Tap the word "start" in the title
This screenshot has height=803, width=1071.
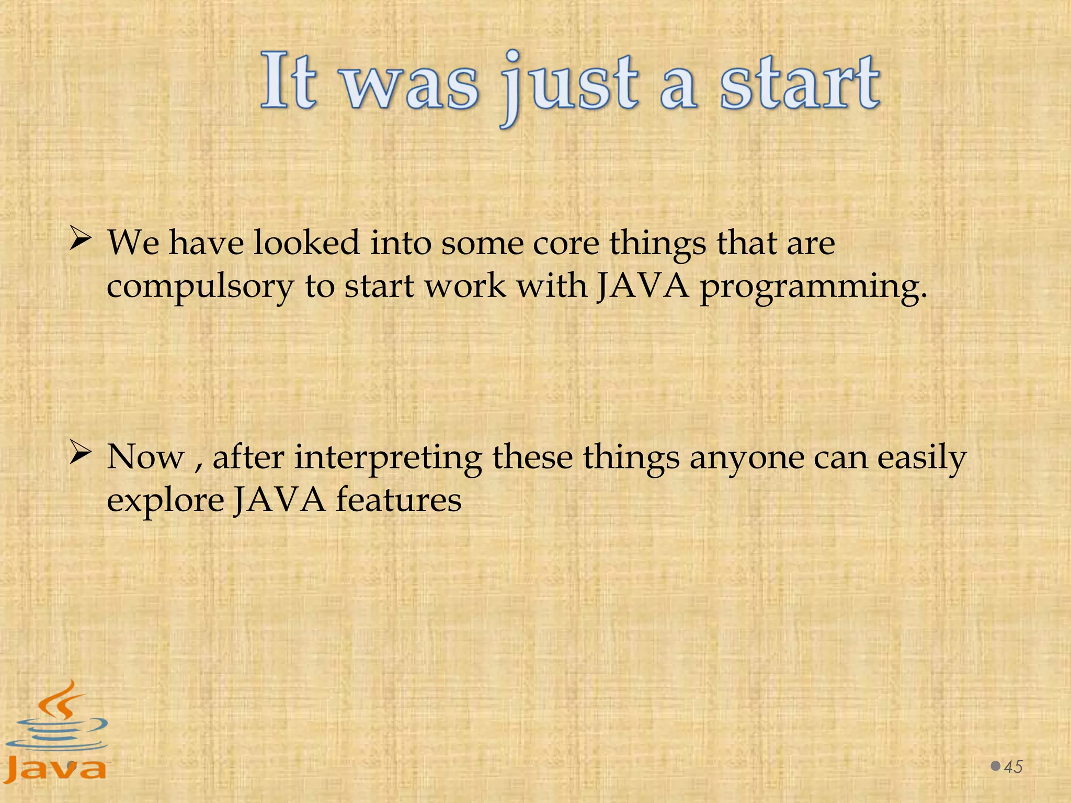click(800, 84)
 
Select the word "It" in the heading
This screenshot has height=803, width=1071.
click(289, 81)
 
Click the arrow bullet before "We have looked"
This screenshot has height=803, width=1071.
click(81, 240)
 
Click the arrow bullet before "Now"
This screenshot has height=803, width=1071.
click(81, 453)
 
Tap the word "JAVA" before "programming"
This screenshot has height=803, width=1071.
click(643, 286)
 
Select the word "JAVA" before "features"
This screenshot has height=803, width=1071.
click(279, 500)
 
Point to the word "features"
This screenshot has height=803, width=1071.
click(398, 500)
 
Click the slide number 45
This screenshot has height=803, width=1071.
click(1013, 767)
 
